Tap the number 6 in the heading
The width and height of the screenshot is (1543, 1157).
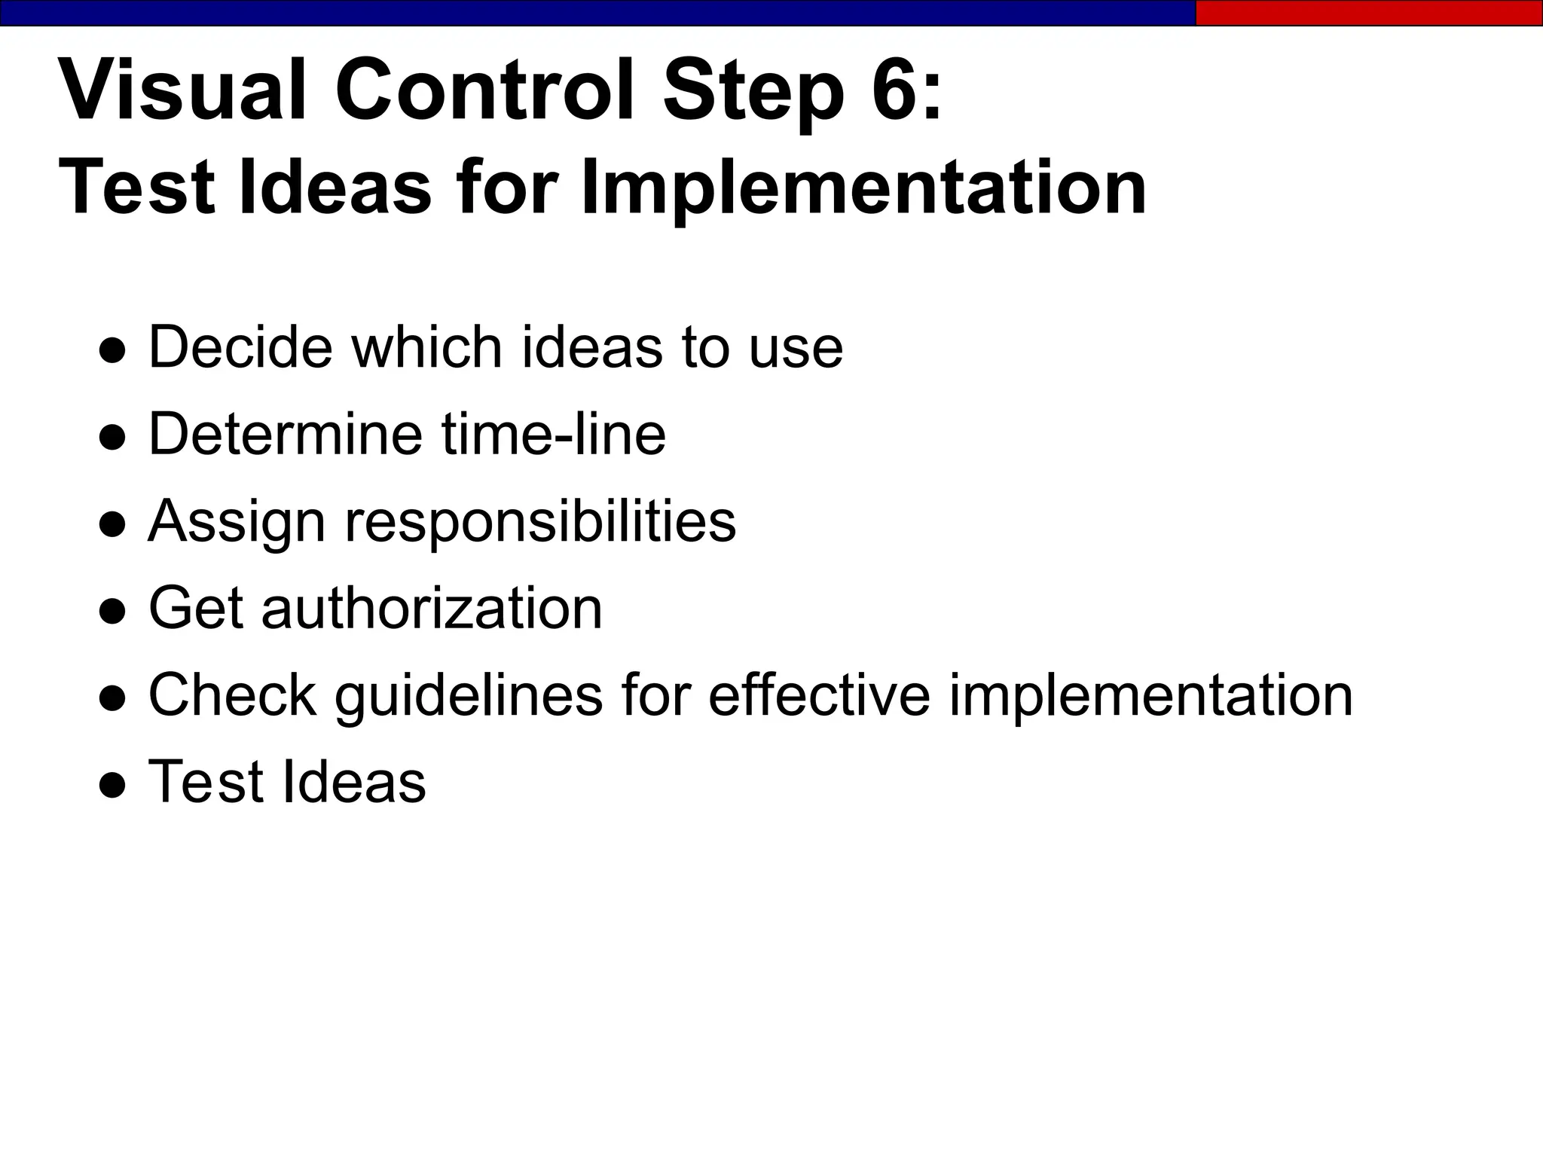[895, 90]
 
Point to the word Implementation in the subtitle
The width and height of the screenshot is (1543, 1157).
[863, 188]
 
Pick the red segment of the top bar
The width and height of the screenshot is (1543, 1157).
[1368, 13]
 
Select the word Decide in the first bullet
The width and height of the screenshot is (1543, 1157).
[240, 347]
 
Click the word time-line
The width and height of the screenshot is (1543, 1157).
[554, 434]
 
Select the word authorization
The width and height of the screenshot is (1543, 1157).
[431, 608]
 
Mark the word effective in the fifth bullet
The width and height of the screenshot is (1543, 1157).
[819, 695]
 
